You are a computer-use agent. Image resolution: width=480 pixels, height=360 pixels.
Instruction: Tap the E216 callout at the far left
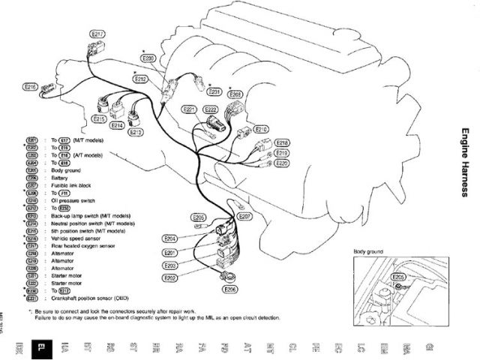31,87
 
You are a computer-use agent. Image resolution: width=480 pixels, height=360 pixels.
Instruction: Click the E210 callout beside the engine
262,130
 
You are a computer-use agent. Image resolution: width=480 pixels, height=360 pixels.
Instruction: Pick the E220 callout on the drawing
282,163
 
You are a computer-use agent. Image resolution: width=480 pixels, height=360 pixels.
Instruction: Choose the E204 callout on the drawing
169,238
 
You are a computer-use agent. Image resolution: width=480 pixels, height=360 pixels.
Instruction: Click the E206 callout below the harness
230,289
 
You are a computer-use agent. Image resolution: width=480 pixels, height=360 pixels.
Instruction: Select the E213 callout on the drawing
136,133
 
